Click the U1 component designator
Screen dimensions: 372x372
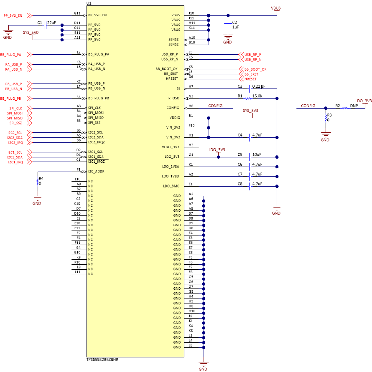[89, 3]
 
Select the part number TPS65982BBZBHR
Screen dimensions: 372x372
[102, 359]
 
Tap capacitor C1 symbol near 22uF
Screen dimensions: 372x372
[45, 25]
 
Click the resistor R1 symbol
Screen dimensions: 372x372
[248, 99]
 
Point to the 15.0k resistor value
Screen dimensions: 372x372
[257, 96]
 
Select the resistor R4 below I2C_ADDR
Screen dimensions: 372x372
[38, 182]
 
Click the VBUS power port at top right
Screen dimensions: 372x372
[276, 8]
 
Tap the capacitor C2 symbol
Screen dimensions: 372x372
[228, 22]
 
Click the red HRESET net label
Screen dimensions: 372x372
[250, 79]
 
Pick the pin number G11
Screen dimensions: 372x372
[77, 13]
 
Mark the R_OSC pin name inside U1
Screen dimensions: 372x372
[173, 99]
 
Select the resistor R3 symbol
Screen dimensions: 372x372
[326, 118]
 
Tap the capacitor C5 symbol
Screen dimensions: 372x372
[250, 157]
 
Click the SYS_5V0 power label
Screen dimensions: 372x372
[31, 32]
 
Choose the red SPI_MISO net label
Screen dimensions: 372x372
[15, 118]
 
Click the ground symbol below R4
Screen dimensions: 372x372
[37, 199]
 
